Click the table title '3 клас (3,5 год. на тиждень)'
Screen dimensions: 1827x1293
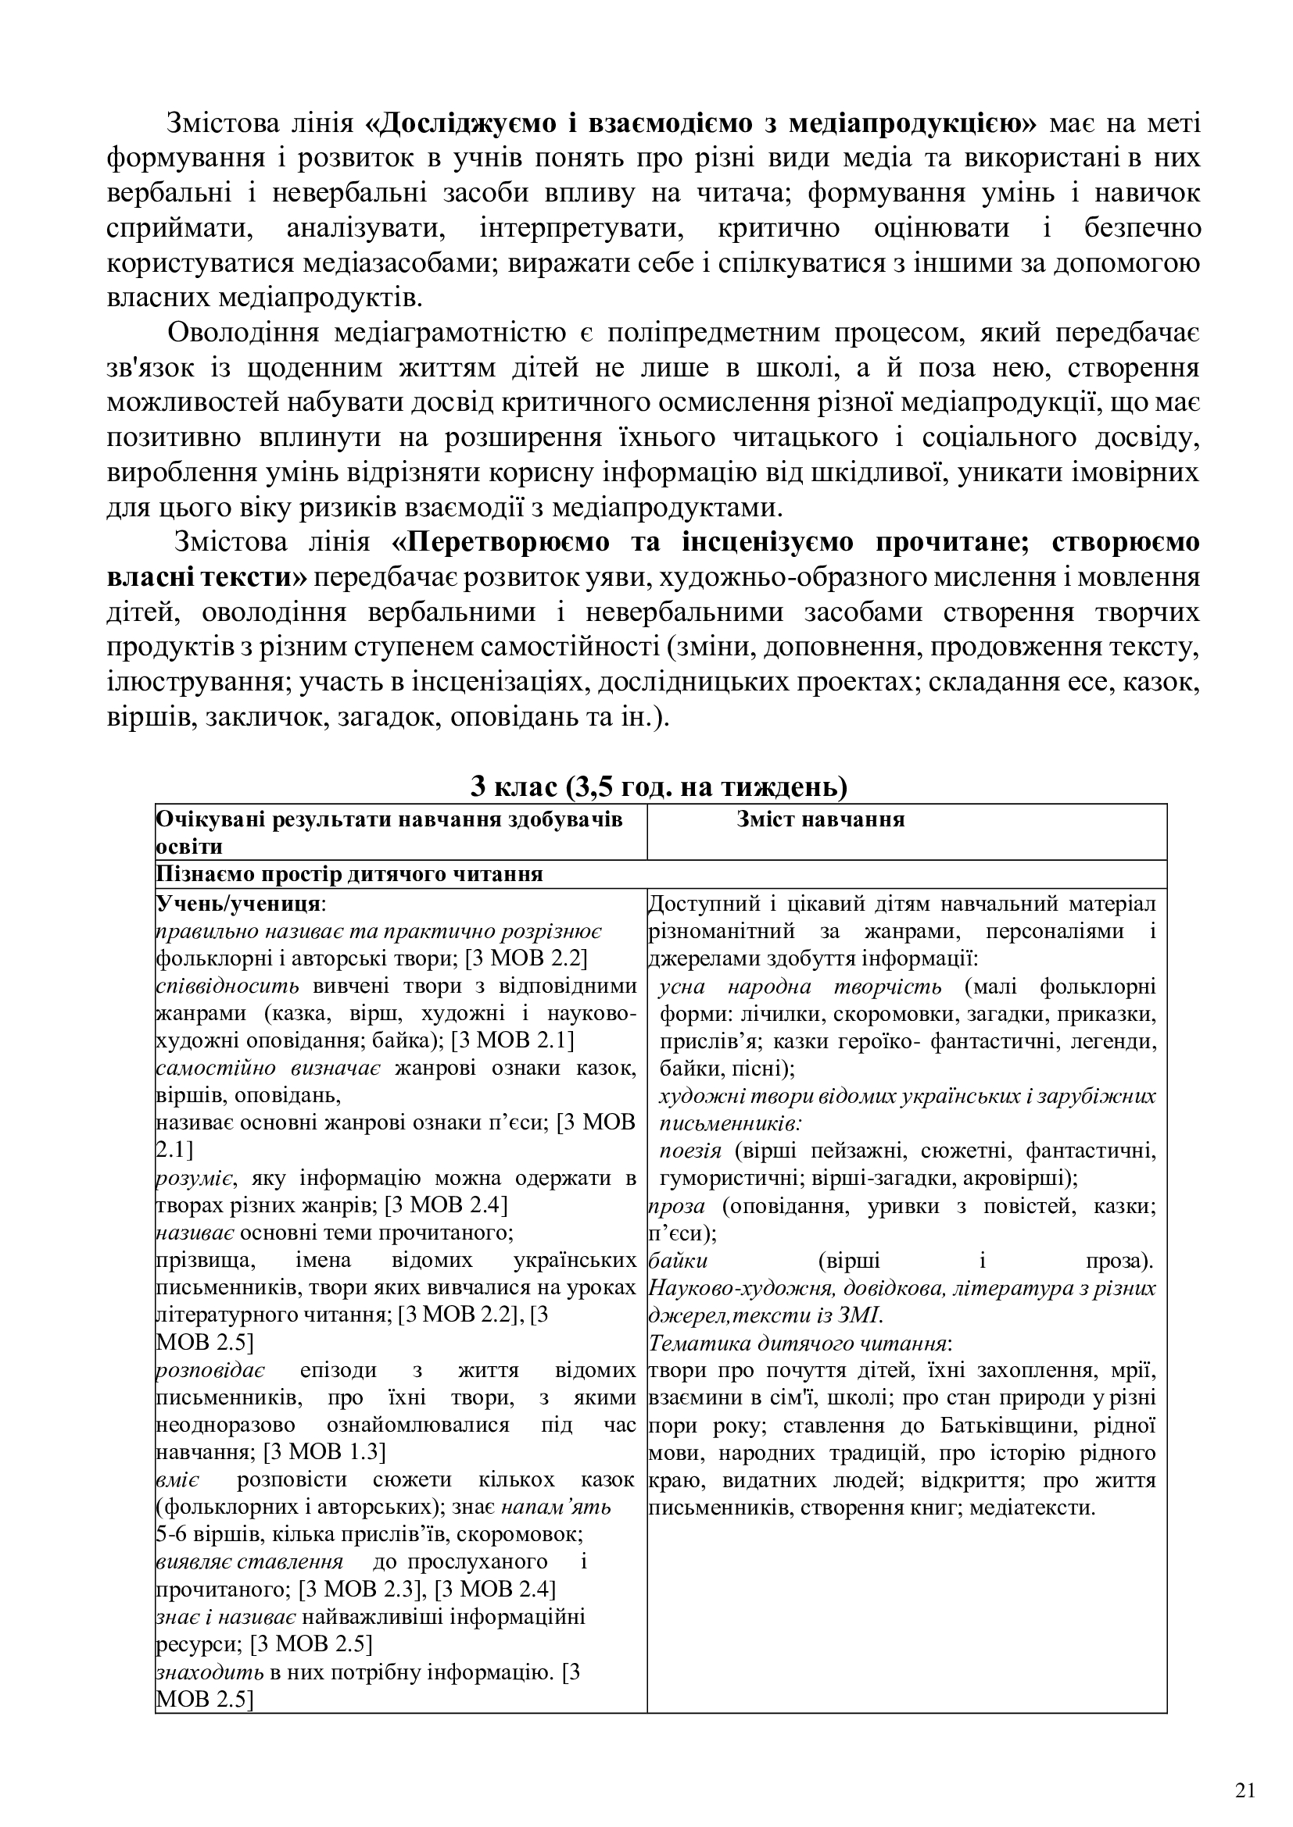(x=659, y=787)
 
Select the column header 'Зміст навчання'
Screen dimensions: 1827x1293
(x=820, y=819)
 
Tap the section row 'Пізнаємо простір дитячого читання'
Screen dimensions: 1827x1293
(x=349, y=875)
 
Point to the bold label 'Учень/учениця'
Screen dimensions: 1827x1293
(x=240, y=904)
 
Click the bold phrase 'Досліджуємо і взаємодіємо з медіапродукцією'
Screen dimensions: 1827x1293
(x=701, y=124)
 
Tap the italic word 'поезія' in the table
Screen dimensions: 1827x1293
(x=690, y=1151)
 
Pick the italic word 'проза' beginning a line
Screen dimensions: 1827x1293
(x=677, y=1205)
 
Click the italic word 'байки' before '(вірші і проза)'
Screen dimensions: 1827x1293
(x=679, y=1261)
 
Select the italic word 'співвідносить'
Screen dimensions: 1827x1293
(x=227, y=986)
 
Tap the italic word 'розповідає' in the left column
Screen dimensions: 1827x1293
(x=211, y=1370)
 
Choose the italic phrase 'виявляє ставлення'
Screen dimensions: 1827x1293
(x=250, y=1561)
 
